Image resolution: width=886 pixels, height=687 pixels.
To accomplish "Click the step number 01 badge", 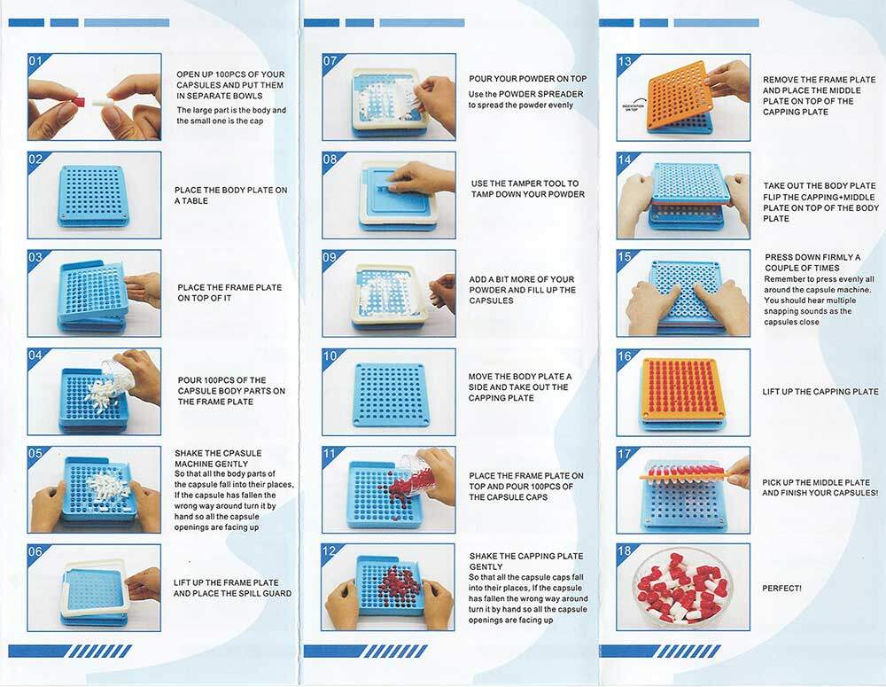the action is coord(35,60).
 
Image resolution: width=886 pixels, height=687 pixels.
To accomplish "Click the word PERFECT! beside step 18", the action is coord(781,588).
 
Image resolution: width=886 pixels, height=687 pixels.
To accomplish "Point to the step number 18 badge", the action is coord(625,550).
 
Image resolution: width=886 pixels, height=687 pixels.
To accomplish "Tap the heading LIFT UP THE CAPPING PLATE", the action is coord(820,391).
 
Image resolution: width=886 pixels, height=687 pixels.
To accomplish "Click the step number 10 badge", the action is coord(330,355).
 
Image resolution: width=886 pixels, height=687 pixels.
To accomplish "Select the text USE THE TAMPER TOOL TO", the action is coord(525,183).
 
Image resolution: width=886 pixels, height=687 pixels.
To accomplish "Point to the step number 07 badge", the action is coord(330,60).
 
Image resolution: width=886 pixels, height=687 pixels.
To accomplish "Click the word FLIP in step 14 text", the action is coord(773,197).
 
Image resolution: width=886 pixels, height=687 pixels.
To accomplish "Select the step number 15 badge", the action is coord(625,257).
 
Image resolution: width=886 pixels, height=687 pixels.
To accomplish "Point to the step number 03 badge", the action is coord(35,257).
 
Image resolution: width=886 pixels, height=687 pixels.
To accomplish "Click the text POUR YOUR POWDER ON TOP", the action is coord(528,79).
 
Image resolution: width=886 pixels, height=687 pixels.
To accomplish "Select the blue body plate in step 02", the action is coord(94,196).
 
